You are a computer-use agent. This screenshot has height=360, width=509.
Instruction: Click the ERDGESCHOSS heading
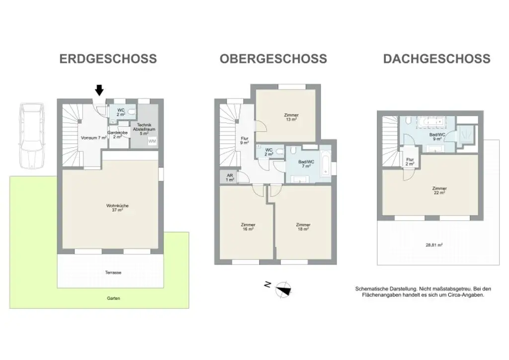[x=108, y=59]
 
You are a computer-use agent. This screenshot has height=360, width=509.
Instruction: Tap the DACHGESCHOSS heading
[x=436, y=59]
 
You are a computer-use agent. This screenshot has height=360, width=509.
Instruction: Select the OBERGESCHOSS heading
[x=273, y=59]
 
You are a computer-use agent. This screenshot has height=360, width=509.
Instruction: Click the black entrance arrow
[x=99, y=90]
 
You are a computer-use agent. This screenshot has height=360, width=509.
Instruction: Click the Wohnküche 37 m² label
[x=114, y=208]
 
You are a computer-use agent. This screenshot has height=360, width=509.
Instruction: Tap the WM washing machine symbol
[x=151, y=142]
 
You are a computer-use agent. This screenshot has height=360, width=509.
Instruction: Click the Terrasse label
[x=113, y=272]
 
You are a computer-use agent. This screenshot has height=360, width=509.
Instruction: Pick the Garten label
[x=113, y=298]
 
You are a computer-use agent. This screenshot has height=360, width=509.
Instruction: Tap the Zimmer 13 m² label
[x=292, y=117]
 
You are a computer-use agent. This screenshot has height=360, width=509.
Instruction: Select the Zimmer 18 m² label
[x=303, y=227]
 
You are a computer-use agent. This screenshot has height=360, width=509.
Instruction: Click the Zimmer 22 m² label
[x=439, y=191]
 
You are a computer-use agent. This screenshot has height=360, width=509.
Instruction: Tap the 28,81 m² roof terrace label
[x=434, y=245]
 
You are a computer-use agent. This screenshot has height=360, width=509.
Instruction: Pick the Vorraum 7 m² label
[x=93, y=137]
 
